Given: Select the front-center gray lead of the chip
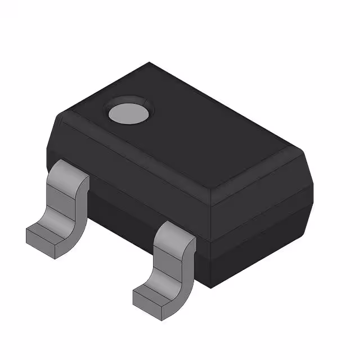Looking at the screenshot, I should click(x=169, y=264).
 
